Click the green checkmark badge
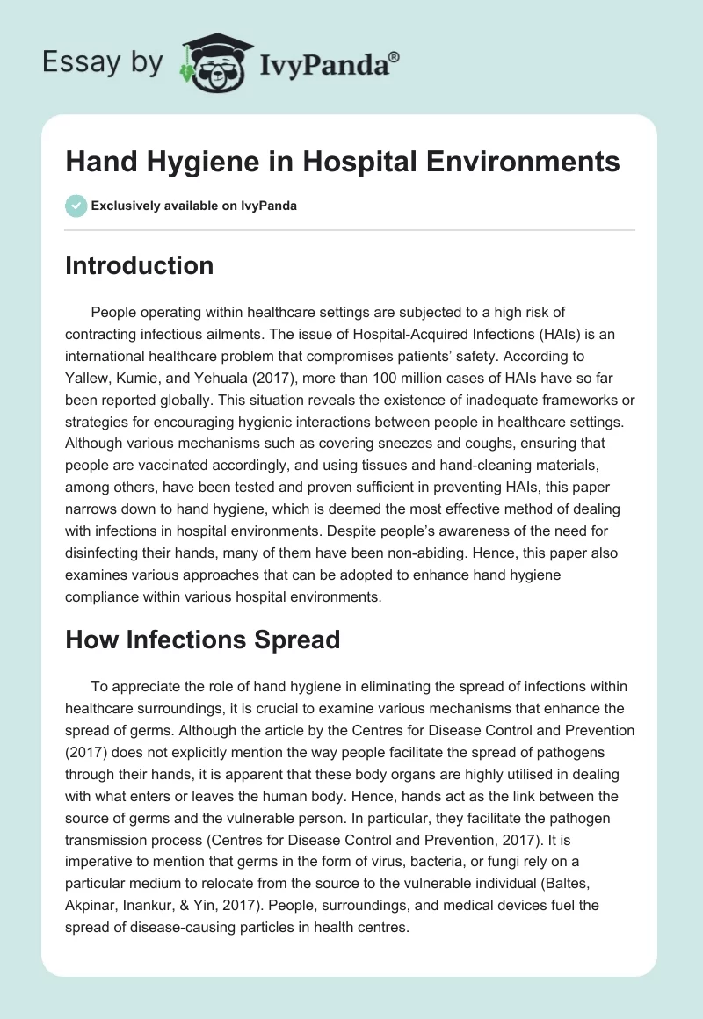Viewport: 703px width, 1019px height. pos(76,206)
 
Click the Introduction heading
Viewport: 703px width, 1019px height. pos(139,265)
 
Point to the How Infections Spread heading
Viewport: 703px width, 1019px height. pos(202,640)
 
